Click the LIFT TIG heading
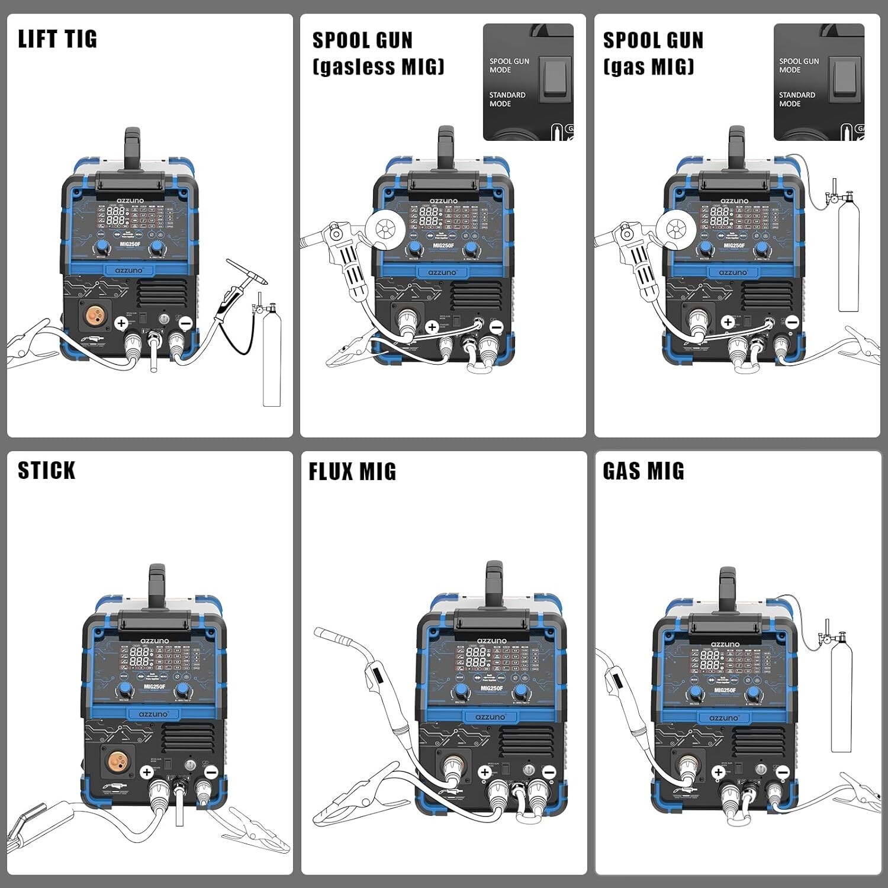point(57,39)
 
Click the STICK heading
point(47,471)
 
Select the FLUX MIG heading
point(352,472)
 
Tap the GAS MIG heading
point(644,471)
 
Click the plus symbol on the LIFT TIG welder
point(121,323)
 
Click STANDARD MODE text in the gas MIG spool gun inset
point(797,99)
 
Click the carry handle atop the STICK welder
point(157,585)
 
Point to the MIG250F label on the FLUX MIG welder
point(492,688)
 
